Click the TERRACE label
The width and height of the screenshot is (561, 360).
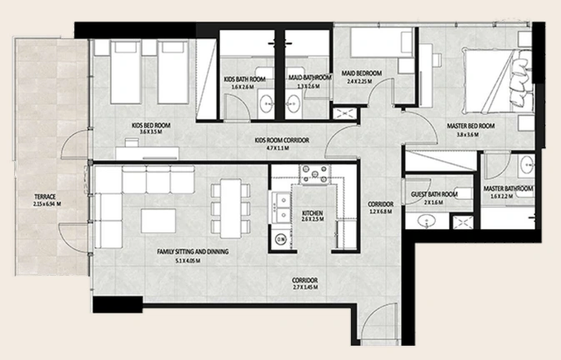pos(45,197)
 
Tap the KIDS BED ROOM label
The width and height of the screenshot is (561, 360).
pos(151,126)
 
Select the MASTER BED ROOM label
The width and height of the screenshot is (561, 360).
pos(471,126)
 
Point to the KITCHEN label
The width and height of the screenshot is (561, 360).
pos(313,213)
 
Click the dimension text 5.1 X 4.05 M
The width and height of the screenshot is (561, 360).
pos(188,261)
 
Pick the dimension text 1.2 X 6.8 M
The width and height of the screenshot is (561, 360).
pos(380,212)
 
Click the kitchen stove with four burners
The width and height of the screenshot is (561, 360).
pos(315,174)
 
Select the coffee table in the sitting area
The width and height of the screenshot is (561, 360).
pos(158,221)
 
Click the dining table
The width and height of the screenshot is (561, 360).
pos(230,208)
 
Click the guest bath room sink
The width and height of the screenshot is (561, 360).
pos(427,221)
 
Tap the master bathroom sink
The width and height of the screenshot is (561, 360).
pos(528,164)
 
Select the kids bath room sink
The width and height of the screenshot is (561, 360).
pos(266,102)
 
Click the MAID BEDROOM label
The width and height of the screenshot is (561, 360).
pos(362,73)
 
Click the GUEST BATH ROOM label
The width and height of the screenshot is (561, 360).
pos(434,194)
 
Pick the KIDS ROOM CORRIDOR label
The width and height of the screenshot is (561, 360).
pos(282,140)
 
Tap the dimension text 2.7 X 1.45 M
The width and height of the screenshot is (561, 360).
pos(305,287)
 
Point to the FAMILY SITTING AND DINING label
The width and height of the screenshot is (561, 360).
pos(193,252)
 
